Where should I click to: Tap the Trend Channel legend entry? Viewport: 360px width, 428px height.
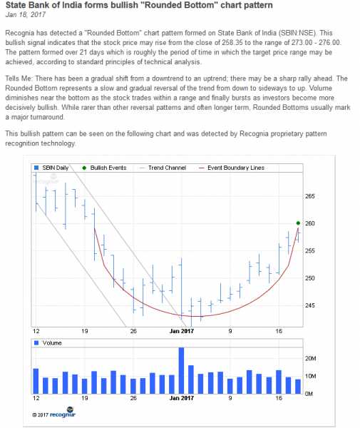pyautogui.click(x=165, y=168)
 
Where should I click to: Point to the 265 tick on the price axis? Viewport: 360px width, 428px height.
pyautogui.click(x=309, y=196)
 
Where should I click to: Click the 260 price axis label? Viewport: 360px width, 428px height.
pyautogui.click(x=309, y=223)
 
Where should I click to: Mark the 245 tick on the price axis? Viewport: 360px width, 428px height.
pyautogui.click(x=309, y=305)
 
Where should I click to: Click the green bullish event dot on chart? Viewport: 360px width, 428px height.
pyautogui.click(x=298, y=223)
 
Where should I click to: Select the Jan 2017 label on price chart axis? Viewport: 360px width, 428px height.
pyautogui.click(x=182, y=331)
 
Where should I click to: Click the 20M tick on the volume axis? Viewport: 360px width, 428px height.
pyautogui.click(x=311, y=359)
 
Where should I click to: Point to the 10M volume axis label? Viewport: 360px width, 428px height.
pyautogui.click(x=311, y=376)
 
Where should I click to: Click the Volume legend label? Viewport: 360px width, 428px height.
pyautogui.click(x=52, y=343)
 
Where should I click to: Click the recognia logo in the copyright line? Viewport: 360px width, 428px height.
pyautogui.click(x=62, y=414)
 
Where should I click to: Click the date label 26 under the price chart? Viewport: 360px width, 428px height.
pyautogui.click(x=133, y=331)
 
